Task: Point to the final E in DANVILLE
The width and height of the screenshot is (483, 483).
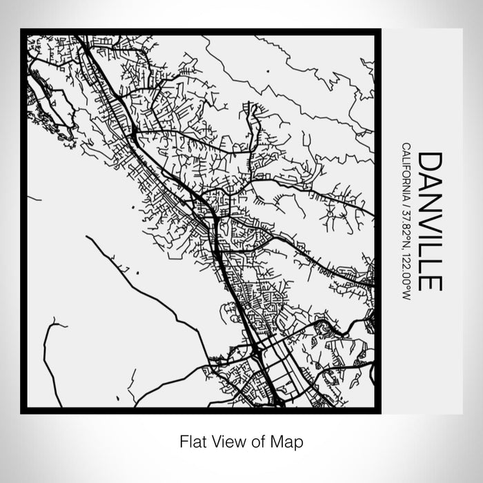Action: point(430,282)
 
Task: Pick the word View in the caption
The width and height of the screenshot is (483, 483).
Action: point(225,440)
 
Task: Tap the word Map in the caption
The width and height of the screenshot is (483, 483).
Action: point(289,440)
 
